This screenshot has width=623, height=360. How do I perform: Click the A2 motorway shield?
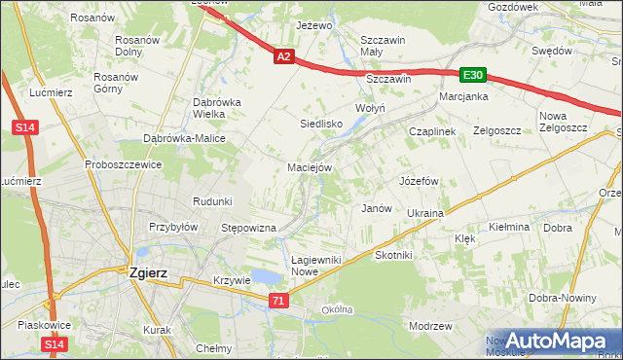coord(283,57)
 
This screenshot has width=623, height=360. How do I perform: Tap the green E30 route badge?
coord(473,75)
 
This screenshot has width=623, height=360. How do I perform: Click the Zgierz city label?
coord(149,273)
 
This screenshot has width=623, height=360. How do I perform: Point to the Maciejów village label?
coord(311,166)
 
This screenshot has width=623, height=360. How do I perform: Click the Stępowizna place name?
coord(249,228)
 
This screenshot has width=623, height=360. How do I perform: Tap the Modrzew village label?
coord(432,326)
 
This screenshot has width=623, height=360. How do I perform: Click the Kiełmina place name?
coord(509,227)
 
